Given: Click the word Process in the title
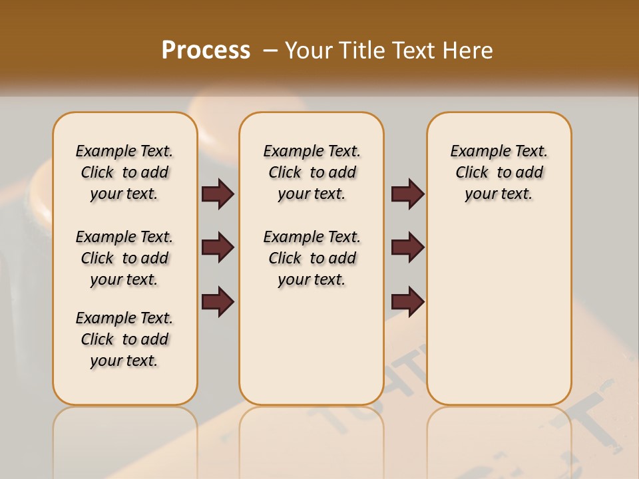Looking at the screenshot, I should point(206,50).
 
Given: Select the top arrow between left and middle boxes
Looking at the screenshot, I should point(218,194).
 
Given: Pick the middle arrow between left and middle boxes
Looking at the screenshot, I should point(218,247).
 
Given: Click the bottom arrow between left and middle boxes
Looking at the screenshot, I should point(218,301).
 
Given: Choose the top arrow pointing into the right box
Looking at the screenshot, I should point(407,194).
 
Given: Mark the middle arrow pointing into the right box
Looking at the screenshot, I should point(407,247).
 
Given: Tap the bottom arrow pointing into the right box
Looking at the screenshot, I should point(407,301).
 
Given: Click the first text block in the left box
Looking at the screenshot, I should point(124,172).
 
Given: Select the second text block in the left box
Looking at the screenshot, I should point(124,258).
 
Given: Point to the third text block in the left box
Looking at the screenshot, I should point(124,339).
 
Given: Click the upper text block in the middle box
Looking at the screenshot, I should point(312,172).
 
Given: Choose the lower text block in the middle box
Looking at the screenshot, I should point(312,258).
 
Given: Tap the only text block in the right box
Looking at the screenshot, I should point(499,172).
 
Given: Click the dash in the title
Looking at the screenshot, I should point(270,51).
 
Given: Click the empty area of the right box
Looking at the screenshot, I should point(499,306).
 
